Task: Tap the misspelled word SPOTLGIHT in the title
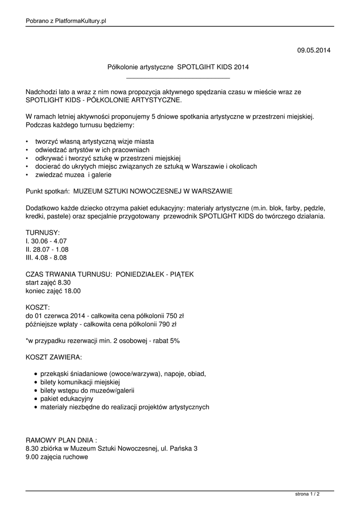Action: click(x=196, y=66)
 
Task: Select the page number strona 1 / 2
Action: click(x=307, y=494)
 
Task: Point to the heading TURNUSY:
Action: click(x=43, y=232)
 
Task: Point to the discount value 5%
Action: click(x=174, y=341)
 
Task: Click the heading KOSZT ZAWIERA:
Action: click(x=54, y=357)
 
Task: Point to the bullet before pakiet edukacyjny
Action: click(x=36, y=399)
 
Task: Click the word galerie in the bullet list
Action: click(x=101, y=175)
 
